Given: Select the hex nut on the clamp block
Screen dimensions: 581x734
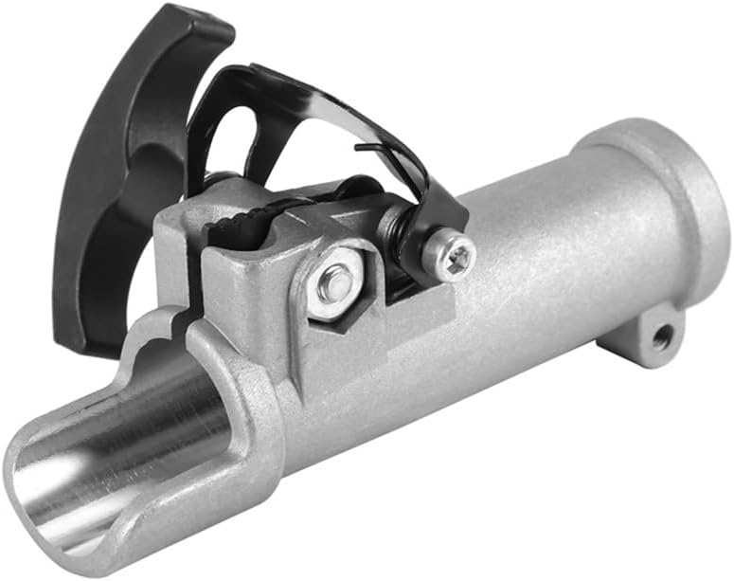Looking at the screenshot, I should (334, 283).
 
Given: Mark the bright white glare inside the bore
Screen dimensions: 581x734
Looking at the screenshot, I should (57, 474).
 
